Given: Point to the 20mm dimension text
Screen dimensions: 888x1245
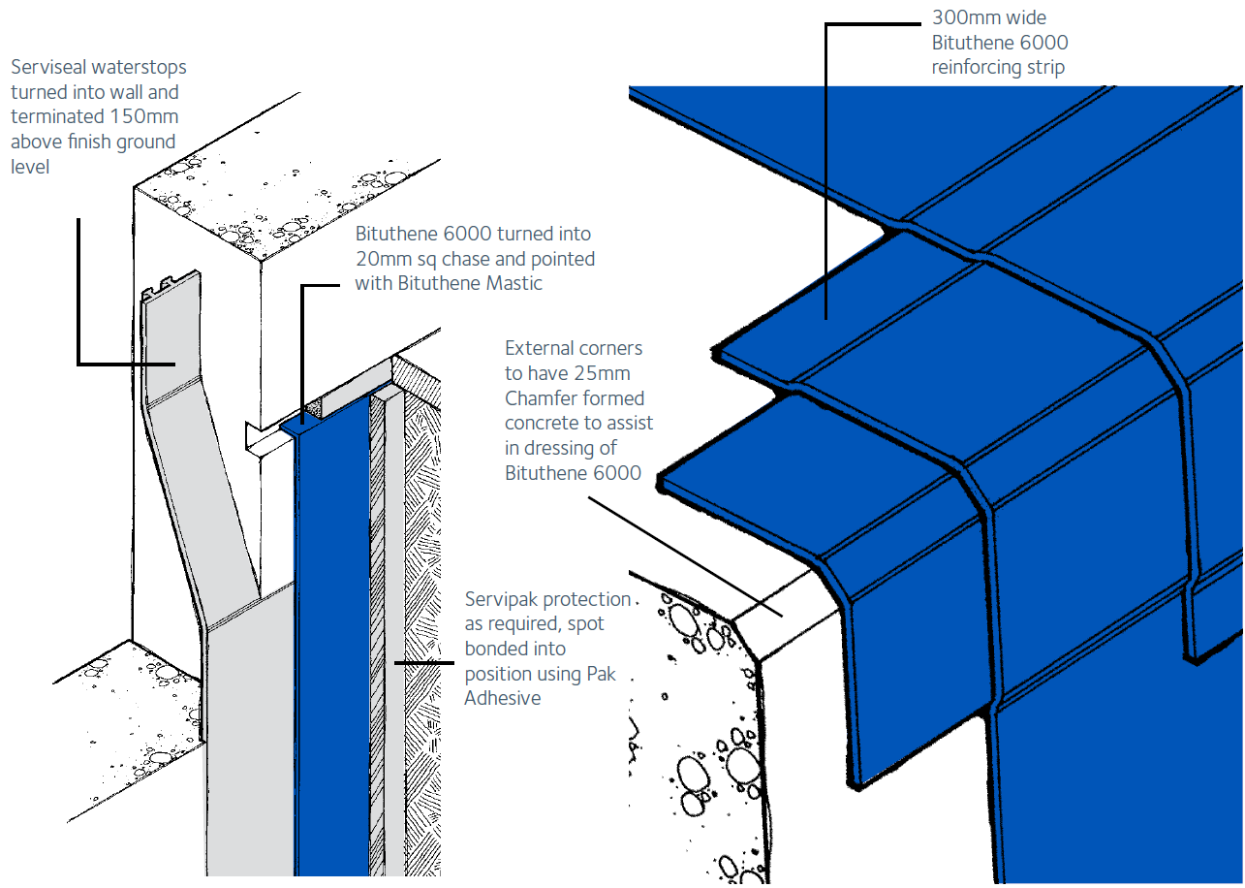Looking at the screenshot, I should pos(378,259).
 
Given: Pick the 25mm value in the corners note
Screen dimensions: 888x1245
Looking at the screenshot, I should pos(607,373).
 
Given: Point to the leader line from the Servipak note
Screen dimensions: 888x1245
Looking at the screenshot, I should pos(424,663).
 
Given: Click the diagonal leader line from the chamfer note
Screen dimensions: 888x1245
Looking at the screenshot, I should pos(678,553).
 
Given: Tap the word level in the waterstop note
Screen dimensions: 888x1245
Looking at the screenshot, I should pos(29,167).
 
